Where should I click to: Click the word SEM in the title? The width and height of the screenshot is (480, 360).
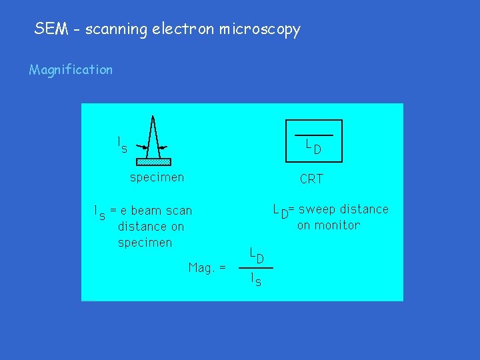pos(49,29)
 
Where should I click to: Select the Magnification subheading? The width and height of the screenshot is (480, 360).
pos(71,69)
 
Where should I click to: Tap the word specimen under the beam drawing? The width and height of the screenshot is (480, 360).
pos(157,177)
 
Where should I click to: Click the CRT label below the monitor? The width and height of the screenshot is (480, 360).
pos(311,179)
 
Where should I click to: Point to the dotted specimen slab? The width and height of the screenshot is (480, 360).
pos(153,161)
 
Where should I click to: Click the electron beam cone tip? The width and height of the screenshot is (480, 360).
pos(153,118)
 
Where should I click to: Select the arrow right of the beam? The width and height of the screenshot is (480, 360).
pos(164,145)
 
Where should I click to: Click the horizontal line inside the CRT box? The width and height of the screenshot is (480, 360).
pos(313,135)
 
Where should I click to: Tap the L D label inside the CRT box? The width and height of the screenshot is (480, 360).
pos(313,147)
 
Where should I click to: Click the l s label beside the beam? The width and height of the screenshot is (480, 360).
pos(121,145)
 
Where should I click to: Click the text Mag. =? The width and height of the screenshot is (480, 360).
pos(207,267)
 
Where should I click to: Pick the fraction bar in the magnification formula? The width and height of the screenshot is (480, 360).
pos(256,268)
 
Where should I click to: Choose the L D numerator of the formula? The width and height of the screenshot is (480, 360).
pos(257,255)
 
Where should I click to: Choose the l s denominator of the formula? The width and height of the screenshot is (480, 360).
pos(256,280)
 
